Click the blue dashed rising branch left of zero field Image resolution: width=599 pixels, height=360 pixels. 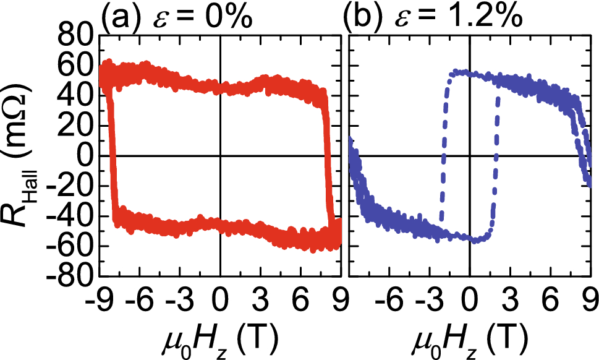443,155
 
